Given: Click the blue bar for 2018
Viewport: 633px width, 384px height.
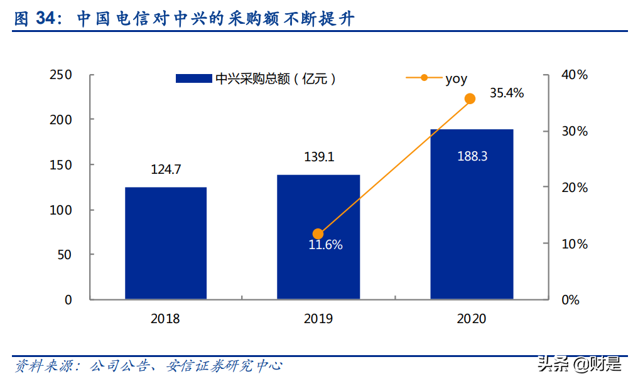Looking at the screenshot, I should coord(166,243).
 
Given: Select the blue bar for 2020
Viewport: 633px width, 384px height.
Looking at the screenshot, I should coord(472,214).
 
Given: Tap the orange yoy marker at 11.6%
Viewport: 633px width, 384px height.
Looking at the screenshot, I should coord(318,234).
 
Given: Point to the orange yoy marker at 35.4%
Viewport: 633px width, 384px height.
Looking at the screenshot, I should coord(470,99).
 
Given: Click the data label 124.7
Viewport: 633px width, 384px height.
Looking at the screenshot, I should coord(166,169).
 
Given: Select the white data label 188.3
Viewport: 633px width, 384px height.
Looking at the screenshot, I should coord(472,156).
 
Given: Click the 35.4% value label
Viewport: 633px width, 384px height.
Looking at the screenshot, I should coord(507,93).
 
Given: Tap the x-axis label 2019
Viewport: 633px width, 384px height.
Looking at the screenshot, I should coord(318,319).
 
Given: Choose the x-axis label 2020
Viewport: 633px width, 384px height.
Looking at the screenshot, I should coord(472,319).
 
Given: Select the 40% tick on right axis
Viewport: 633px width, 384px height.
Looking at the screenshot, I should coord(574,75).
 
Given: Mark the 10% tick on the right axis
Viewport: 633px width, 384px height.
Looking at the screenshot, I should coord(574,243).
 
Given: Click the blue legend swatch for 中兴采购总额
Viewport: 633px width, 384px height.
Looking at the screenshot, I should coord(193,79).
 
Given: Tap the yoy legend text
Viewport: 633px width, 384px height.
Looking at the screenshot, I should coord(457,78).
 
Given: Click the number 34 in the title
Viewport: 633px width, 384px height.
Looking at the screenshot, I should coord(45,19).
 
